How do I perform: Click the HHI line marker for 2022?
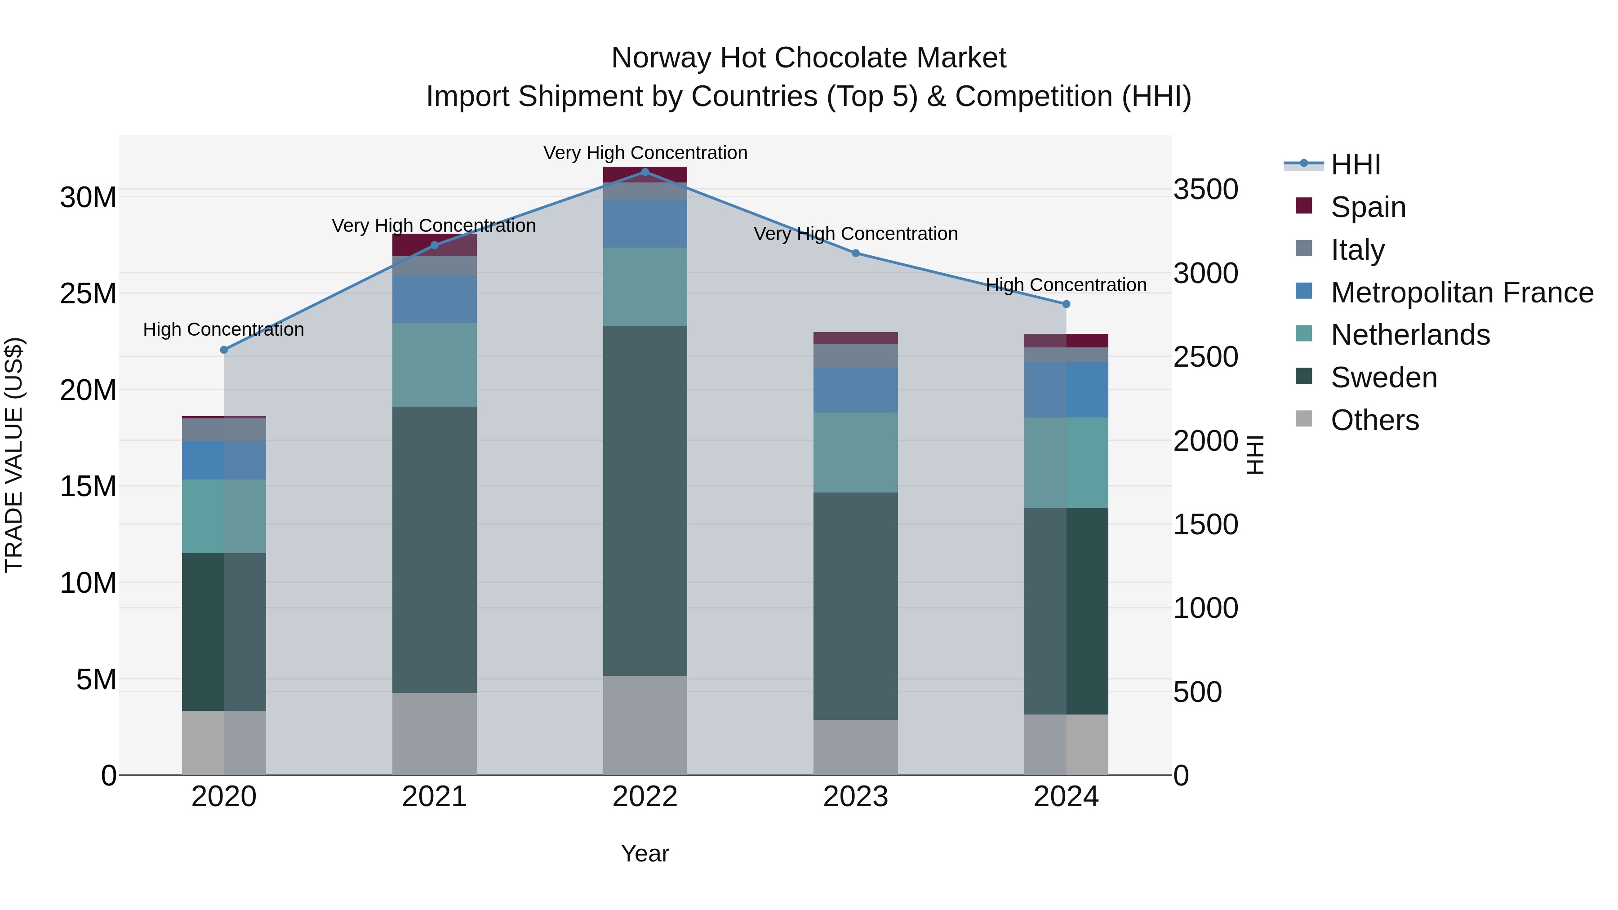tap(645, 172)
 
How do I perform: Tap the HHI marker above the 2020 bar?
tap(224, 350)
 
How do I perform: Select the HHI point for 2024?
tap(1066, 304)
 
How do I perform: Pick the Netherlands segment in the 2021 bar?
tap(434, 364)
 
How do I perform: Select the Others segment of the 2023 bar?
tap(855, 747)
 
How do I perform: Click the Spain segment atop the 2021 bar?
tap(434, 244)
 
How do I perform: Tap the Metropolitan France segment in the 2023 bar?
tap(855, 390)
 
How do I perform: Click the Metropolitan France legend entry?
tap(1461, 293)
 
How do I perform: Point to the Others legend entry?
tap(1374, 420)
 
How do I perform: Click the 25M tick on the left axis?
tap(88, 293)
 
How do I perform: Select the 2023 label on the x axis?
tap(855, 797)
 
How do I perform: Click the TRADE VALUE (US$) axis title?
tap(14, 455)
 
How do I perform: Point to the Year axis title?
tap(645, 853)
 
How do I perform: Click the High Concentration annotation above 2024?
tap(1066, 285)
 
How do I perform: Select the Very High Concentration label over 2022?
tap(645, 153)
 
